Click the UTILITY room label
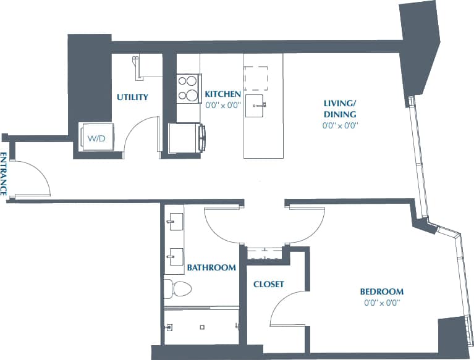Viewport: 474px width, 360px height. tap(132, 97)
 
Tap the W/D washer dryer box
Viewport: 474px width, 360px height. tap(95, 138)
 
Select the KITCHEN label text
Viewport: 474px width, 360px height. tap(222, 94)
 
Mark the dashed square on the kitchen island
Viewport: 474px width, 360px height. tap(256, 78)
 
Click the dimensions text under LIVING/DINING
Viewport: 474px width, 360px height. tap(340, 125)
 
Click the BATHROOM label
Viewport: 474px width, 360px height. tap(211, 268)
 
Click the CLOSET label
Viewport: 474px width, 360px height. tap(269, 284)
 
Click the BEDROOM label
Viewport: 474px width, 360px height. tap(382, 291)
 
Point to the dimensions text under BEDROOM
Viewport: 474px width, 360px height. tap(382, 303)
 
